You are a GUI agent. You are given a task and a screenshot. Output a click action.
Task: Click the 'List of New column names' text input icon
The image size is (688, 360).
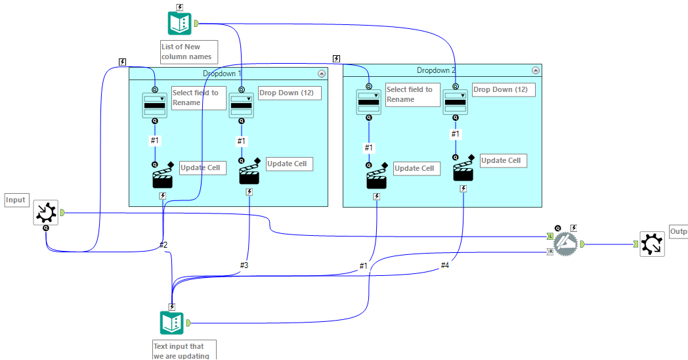tap(179, 24)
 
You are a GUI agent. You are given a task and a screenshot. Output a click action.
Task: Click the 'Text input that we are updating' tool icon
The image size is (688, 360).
tap(172, 323)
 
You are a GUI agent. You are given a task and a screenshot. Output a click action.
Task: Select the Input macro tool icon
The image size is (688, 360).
tap(46, 213)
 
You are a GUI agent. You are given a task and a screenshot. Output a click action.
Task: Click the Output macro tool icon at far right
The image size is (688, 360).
tap(652, 244)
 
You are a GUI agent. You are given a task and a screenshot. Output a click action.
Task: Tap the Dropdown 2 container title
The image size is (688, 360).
tap(436, 70)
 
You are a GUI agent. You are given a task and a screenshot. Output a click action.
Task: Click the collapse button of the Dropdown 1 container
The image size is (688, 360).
tap(321, 74)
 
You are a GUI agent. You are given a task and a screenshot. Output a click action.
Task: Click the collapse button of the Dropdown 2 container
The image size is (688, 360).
tap(536, 70)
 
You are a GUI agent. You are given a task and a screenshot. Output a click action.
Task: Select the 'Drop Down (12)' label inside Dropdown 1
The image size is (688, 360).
tap(290, 93)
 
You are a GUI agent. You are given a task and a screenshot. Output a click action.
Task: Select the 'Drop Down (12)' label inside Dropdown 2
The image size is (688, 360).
tap(504, 89)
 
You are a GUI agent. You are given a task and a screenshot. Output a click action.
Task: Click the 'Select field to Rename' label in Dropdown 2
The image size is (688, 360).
tap(412, 95)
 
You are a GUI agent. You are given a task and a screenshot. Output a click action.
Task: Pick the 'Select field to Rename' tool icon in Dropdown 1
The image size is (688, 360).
tap(155, 105)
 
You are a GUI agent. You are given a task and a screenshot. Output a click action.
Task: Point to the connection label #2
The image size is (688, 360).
tap(163, 245)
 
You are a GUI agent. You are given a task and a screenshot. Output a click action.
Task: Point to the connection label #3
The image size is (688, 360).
tap(244, 265)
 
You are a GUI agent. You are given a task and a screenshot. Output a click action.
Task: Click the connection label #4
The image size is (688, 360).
tap(444, 265)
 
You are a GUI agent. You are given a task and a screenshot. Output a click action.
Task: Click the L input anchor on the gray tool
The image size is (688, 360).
tap(550, 236)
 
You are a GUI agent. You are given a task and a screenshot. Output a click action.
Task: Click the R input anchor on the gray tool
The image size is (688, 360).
tap(550, 251)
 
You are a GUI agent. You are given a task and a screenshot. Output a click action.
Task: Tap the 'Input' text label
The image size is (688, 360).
tap(16, 200)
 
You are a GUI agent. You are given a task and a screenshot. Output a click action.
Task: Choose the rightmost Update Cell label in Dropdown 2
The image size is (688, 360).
tap(503, 160)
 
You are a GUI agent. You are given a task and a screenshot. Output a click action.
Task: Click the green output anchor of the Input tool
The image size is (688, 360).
tap(62, 212)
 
